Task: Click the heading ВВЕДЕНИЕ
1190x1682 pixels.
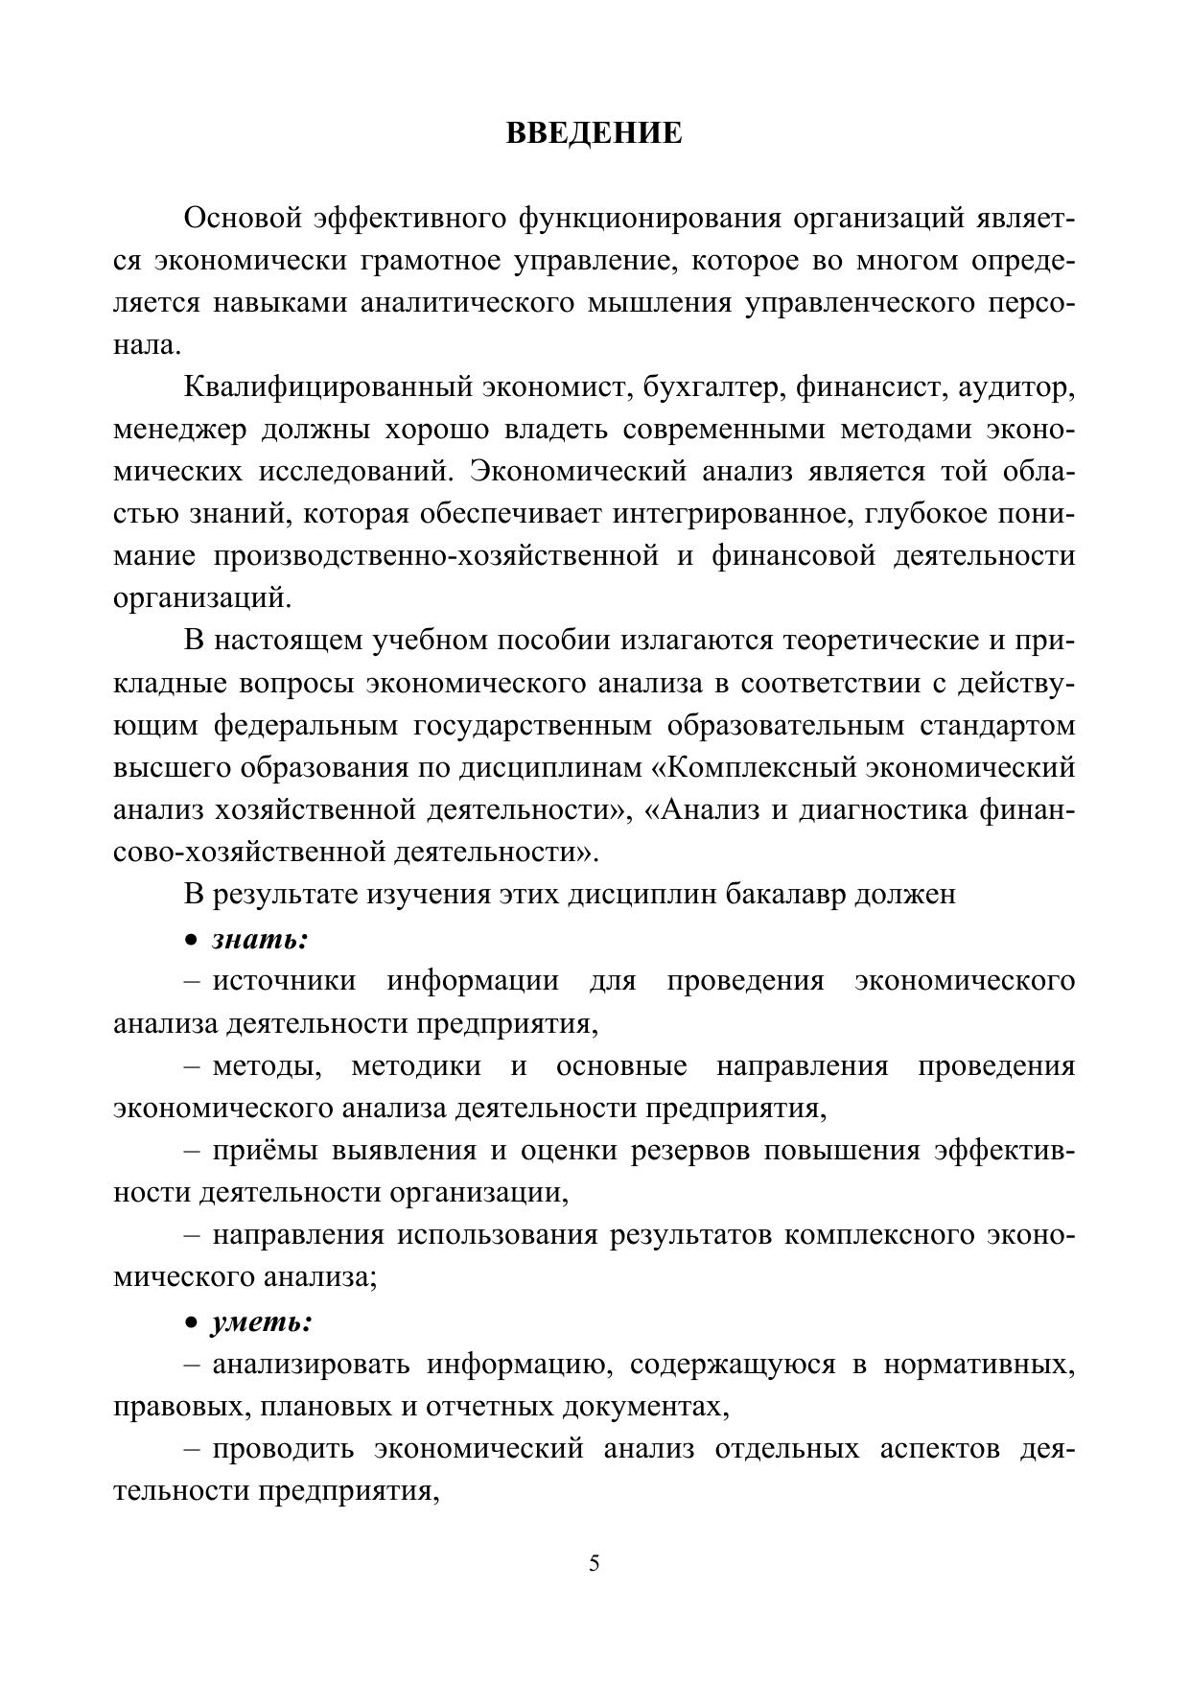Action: click(x=594, y=132)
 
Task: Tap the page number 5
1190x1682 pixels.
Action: click(x=595, y=1564)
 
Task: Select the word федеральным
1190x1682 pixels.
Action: click(x=305, y=725)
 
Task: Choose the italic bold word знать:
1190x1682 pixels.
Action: click(x=260, y=939)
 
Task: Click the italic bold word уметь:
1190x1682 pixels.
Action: click(x=262, y=1322)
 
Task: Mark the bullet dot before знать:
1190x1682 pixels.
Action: click(x=192, y=940)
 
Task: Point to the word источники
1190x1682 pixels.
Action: click(x=284, y=981)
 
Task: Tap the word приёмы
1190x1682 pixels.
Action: click(x=266, y=1150)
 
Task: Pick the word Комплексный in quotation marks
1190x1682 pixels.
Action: click(x=759, y=767)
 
